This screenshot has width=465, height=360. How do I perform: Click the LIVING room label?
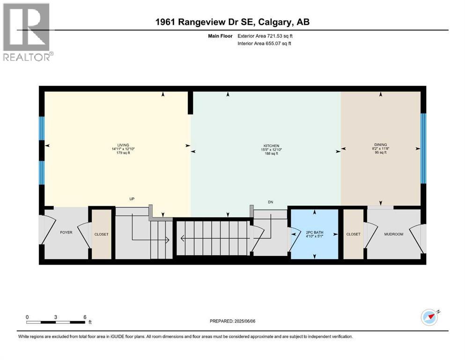123,145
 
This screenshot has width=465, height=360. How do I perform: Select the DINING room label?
380,145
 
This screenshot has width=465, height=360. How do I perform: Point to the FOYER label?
66,232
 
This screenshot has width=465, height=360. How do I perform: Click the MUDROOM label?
393,234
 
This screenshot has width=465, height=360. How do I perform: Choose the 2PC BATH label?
314,232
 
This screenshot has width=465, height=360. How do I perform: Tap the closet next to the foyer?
102,234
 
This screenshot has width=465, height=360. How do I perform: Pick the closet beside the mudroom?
353,234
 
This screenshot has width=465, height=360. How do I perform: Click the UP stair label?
132,199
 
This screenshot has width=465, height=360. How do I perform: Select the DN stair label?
270,202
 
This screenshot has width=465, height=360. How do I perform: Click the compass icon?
430,317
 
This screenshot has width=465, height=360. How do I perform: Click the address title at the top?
232,22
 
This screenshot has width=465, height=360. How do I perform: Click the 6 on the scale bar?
85,317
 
